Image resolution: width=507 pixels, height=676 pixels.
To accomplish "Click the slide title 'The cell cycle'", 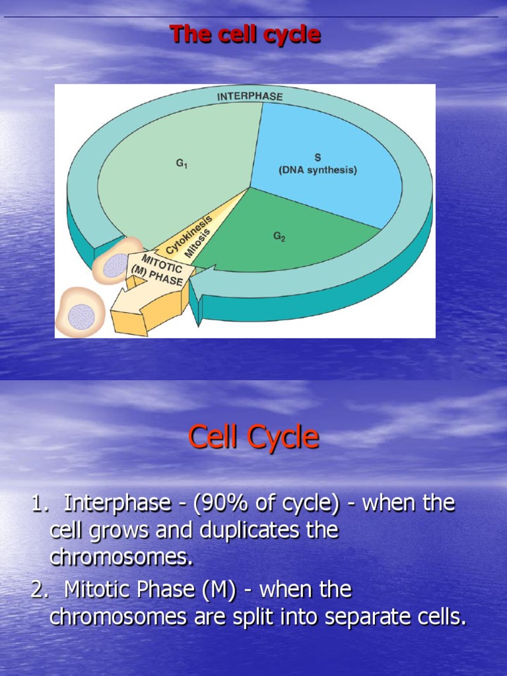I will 245,34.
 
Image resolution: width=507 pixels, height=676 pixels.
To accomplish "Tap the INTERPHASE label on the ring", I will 250,96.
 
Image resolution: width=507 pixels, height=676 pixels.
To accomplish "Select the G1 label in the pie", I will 182,164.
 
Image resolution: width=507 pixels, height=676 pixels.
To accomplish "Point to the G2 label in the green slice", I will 280,236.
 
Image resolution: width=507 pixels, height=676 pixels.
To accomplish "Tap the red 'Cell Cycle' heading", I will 253,437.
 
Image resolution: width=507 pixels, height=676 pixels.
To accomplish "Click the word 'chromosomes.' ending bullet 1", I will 121,558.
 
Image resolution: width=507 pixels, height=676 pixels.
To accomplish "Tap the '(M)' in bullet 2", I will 219,590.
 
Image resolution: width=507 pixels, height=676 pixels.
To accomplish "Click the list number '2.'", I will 41,590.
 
